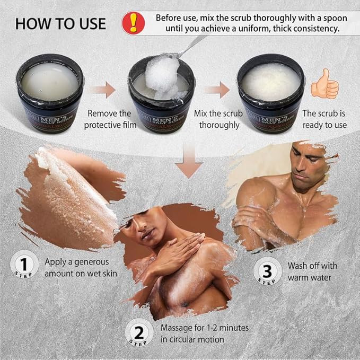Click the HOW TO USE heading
click(x=60, y=24)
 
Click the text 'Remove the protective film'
click(x=109, y=119)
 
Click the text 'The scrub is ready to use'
click(x=324, y=119)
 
